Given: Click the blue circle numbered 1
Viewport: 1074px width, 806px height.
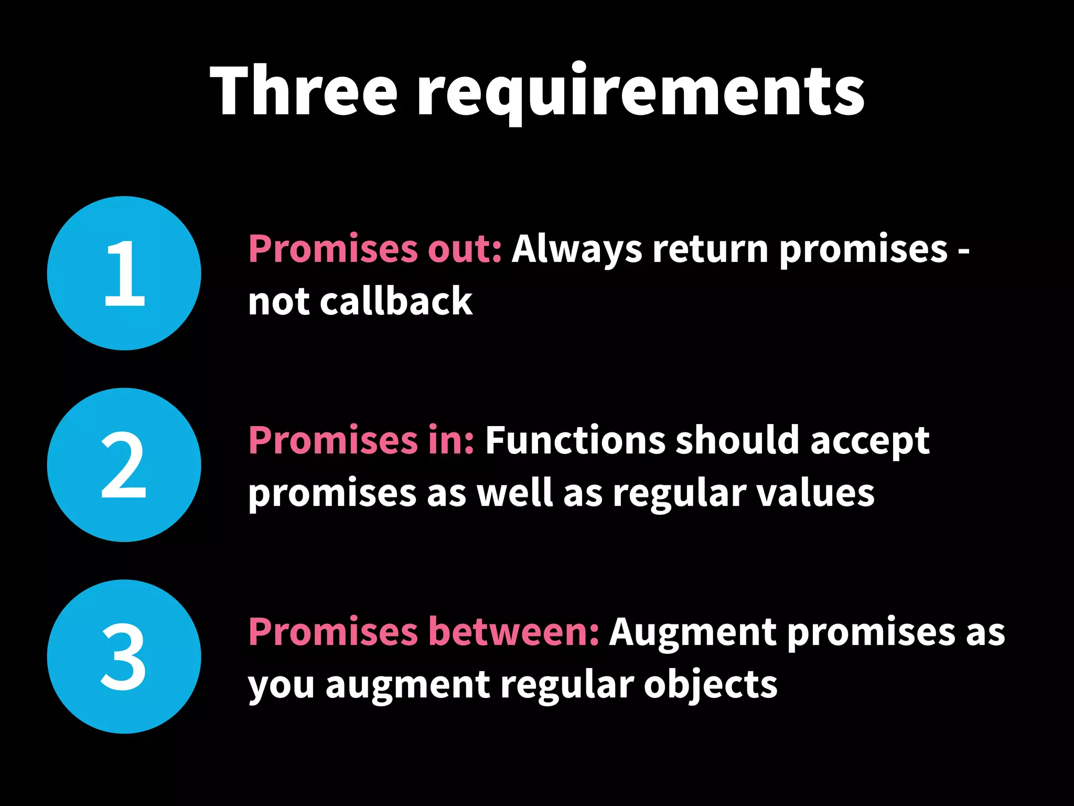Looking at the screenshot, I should (124, 273).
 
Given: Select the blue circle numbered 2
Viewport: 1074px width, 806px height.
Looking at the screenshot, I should (124, 465).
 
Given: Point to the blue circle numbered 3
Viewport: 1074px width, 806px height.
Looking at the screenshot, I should (124, 656).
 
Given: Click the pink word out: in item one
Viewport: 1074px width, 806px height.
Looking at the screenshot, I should (465, 249).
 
